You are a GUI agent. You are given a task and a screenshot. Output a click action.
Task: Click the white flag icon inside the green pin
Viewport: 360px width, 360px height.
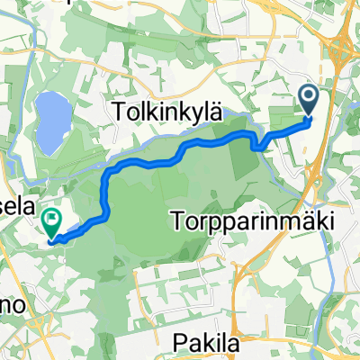click(51, 217)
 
